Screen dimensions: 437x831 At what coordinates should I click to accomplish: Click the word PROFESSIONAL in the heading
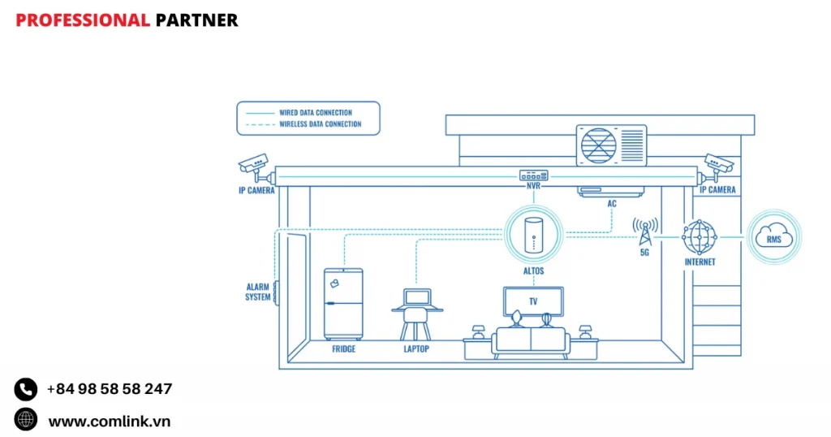(x=83, y=20)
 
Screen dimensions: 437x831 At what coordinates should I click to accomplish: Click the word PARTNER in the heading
(x=196, y=20)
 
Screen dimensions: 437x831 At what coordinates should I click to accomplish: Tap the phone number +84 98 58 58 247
(x=110, y=389)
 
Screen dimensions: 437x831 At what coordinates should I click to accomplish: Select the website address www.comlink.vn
(x=110, y=421)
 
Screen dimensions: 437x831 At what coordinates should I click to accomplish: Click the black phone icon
(x=26, y=390)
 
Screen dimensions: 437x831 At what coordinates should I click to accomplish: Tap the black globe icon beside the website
(x=26, y=420)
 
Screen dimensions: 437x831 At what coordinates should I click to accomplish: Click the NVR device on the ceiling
(x=534, y=175)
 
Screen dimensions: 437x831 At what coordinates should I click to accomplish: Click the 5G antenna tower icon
(x=645, y=232)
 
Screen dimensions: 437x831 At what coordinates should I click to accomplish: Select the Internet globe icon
(x=700, y=237)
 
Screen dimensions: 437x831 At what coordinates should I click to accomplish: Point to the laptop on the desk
(x=417, y=298)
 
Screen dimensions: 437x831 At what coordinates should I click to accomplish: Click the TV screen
(x=533, y=301)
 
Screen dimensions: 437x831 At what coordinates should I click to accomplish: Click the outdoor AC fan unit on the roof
(x=610, y=145)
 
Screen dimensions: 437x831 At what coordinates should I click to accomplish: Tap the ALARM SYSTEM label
(x=258, y=292)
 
